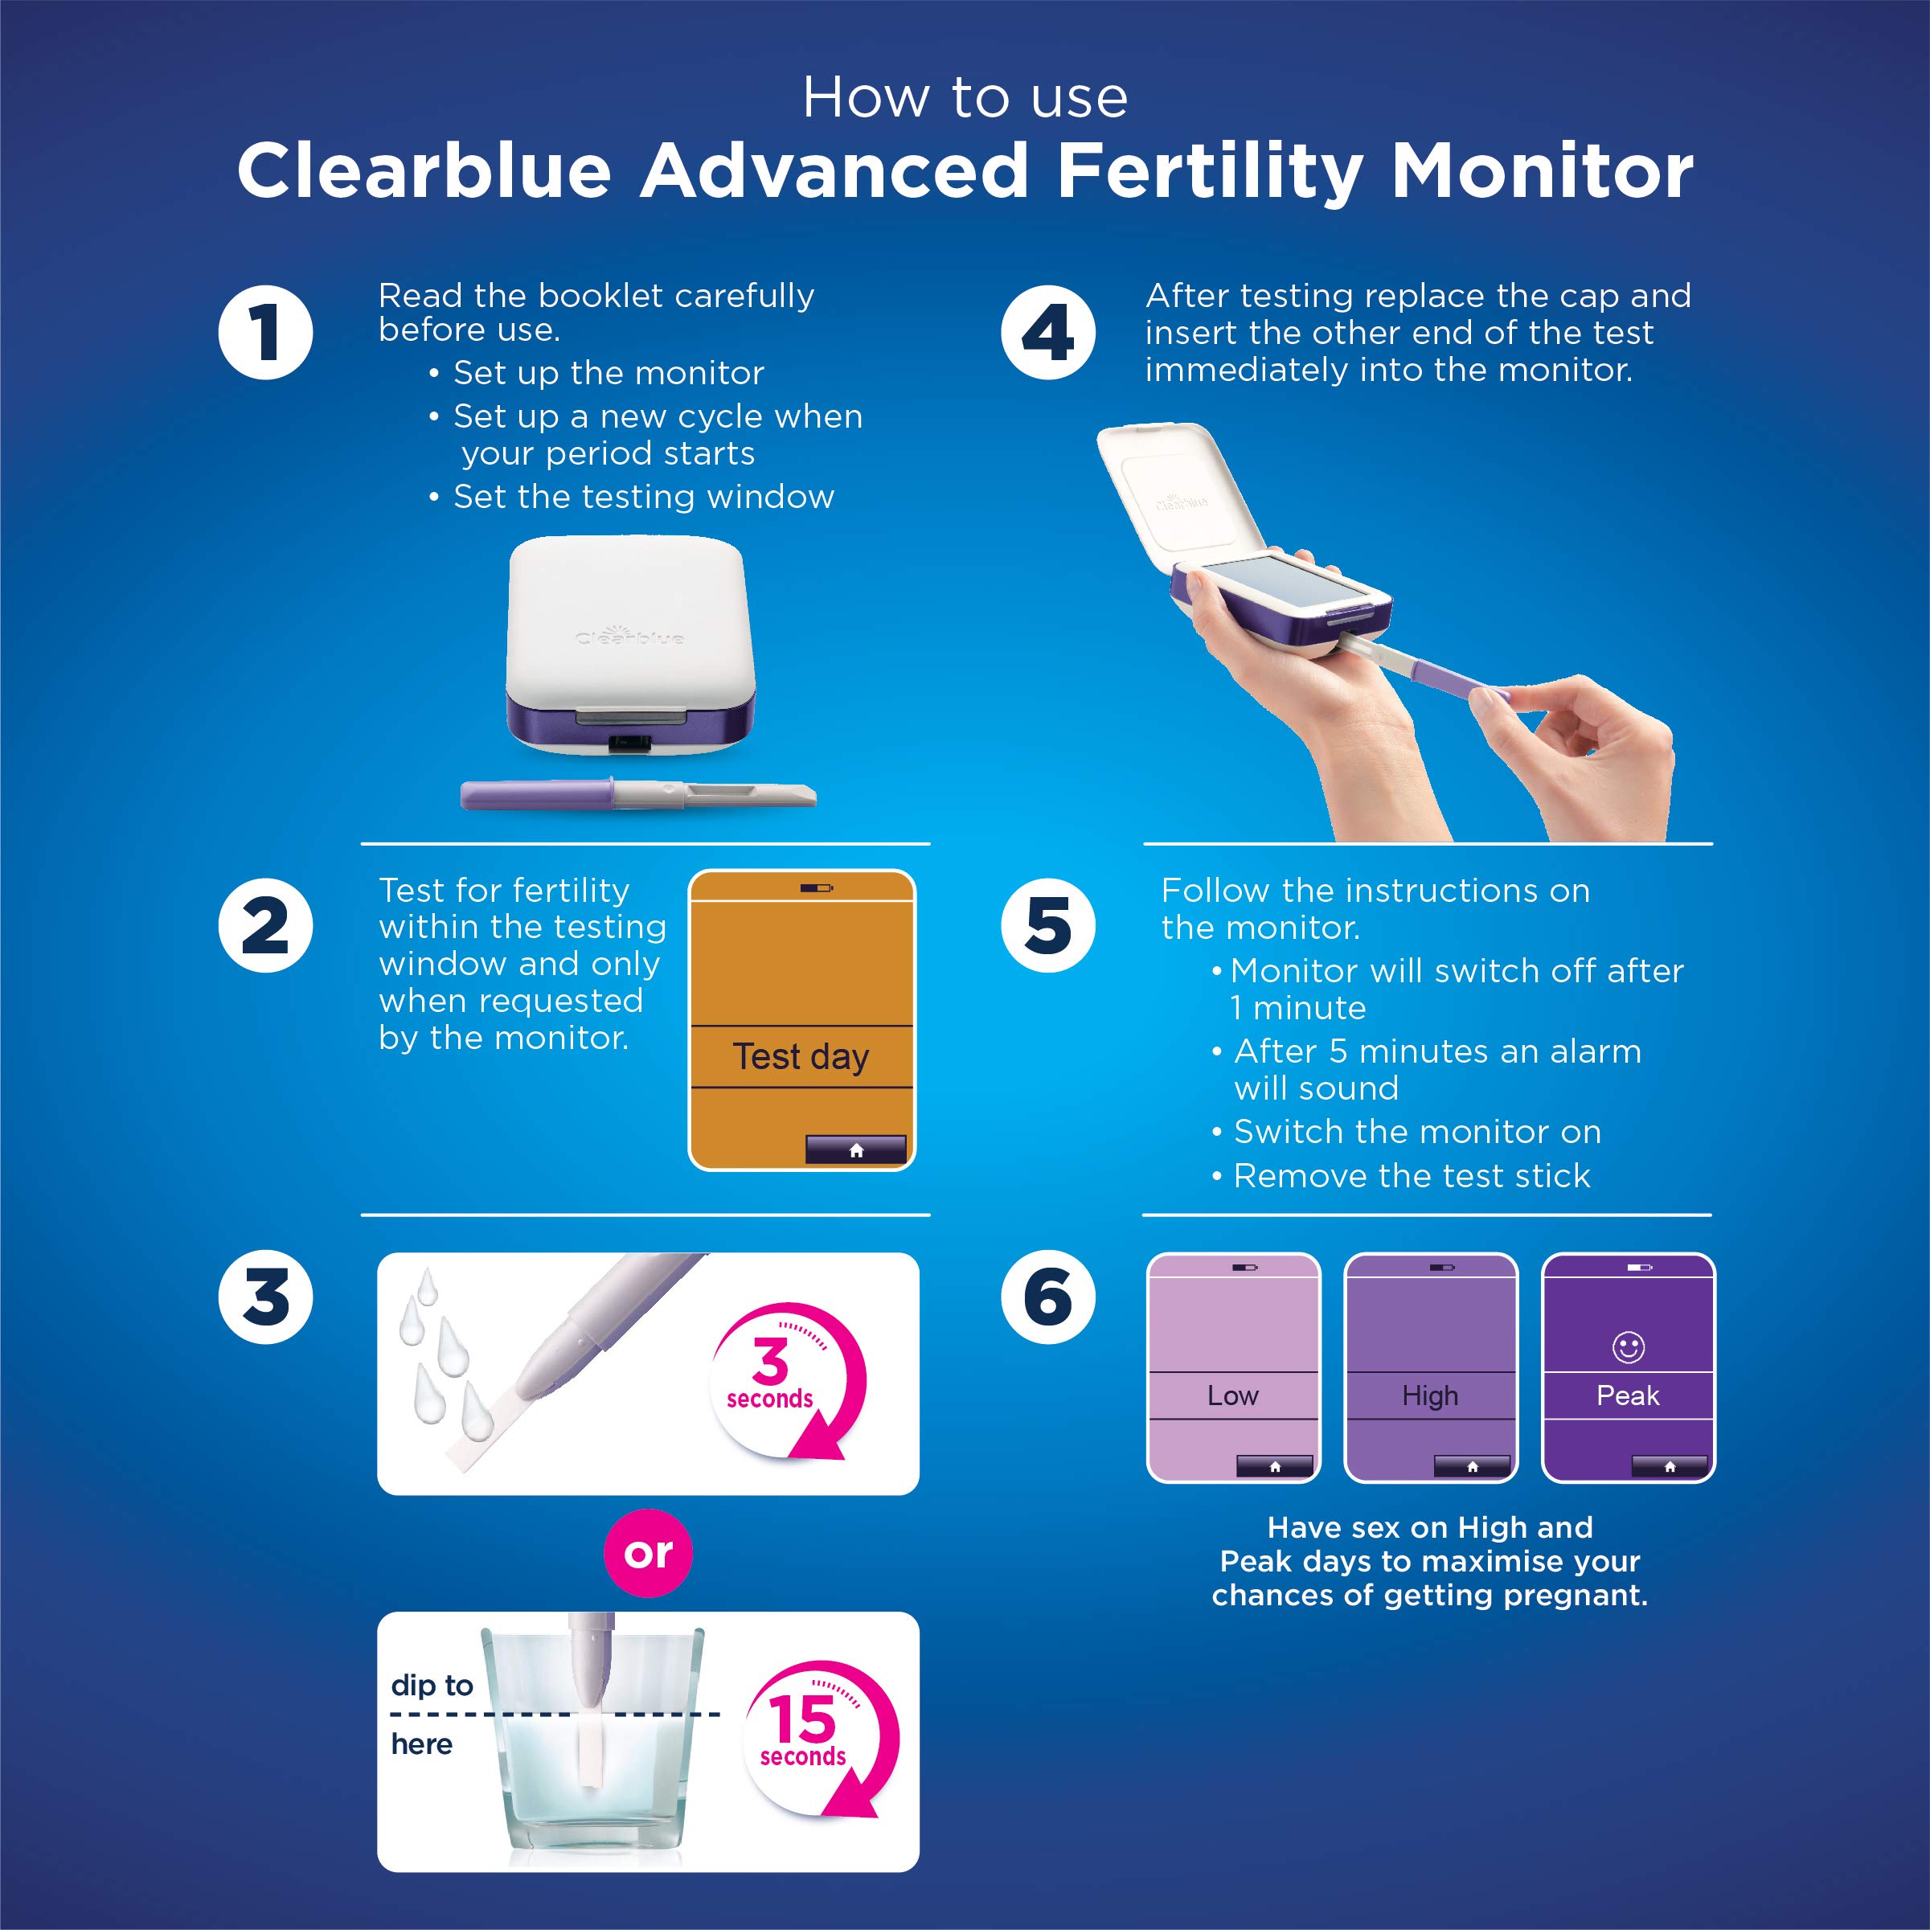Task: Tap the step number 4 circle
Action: [1048, 333]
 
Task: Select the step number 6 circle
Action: [1048, 1297]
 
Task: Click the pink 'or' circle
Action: [649, 1552]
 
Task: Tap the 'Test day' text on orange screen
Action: [801, 1056]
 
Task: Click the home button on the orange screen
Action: [856, 1149]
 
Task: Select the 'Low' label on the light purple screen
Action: [1233, 1395]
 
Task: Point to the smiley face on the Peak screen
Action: [1629, 1346]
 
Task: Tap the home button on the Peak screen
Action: [1670, 1466]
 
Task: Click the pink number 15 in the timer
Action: [801, 1719]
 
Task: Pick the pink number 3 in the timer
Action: [770, 1358]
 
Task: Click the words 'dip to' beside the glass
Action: [432, 1686]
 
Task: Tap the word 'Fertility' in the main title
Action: [1210, 171]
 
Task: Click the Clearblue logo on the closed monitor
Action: [629, 635]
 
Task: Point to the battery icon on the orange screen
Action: [816, 887]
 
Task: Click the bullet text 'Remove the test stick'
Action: [1411, 1176]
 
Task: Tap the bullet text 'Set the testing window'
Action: [643, 497]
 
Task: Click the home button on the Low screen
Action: [1275, 1466]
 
